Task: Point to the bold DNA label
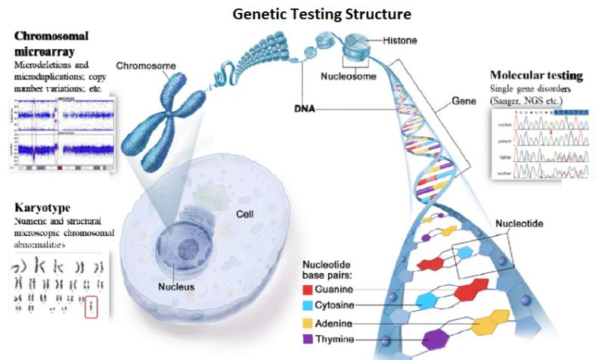pos(305,110)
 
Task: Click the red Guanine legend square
pos(307,289)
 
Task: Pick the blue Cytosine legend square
pos(307,305)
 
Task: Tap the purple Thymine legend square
pos(307,340)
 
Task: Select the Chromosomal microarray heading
pos(51,43)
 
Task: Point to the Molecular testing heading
pos(535,76)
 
